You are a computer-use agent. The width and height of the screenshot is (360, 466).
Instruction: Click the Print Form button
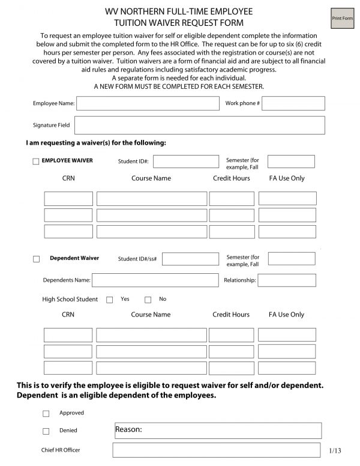pos(342,19)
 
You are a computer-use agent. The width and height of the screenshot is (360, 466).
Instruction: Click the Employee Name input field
pos(148,103)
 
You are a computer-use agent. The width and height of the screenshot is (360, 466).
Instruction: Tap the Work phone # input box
pos(293,103)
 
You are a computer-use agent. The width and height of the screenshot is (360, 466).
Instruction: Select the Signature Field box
pos(199,125)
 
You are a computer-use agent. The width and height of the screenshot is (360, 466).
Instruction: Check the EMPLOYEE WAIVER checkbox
pos(36,162)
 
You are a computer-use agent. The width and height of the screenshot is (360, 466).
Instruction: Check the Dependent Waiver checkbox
pos(36,259)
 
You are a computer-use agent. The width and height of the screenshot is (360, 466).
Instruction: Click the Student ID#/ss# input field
pos(190,259)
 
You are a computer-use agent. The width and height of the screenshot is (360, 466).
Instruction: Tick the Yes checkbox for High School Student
pos(109,300)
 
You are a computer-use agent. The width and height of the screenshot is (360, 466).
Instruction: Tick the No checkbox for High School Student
pos(148,300)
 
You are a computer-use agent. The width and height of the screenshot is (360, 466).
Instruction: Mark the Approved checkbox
pos(46,414)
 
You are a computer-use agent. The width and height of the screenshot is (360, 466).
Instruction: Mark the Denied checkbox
pos(46,431)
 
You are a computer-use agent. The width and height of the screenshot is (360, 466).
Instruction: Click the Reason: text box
pos(217,431)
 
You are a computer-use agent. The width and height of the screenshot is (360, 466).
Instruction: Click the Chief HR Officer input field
pos(217,450)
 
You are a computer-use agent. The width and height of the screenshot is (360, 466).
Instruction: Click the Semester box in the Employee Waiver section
pos(291,162)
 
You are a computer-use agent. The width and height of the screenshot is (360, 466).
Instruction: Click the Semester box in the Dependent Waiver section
pos(291,259)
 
